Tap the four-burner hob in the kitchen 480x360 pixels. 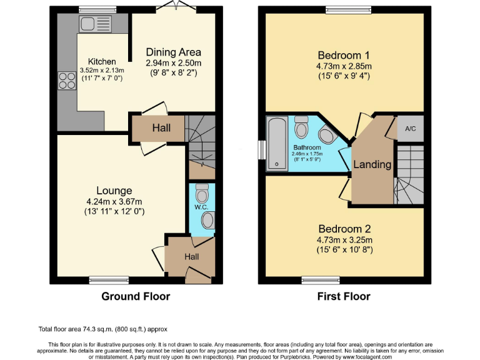(66, 81)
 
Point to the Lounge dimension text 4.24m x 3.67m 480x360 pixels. (114, 201)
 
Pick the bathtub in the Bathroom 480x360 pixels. (276, 144)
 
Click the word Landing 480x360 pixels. (372, 165)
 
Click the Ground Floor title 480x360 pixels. (136, 296)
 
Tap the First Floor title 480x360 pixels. (344, 296)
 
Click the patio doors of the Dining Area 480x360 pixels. (173, 7)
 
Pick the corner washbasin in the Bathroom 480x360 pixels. (326, 135)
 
